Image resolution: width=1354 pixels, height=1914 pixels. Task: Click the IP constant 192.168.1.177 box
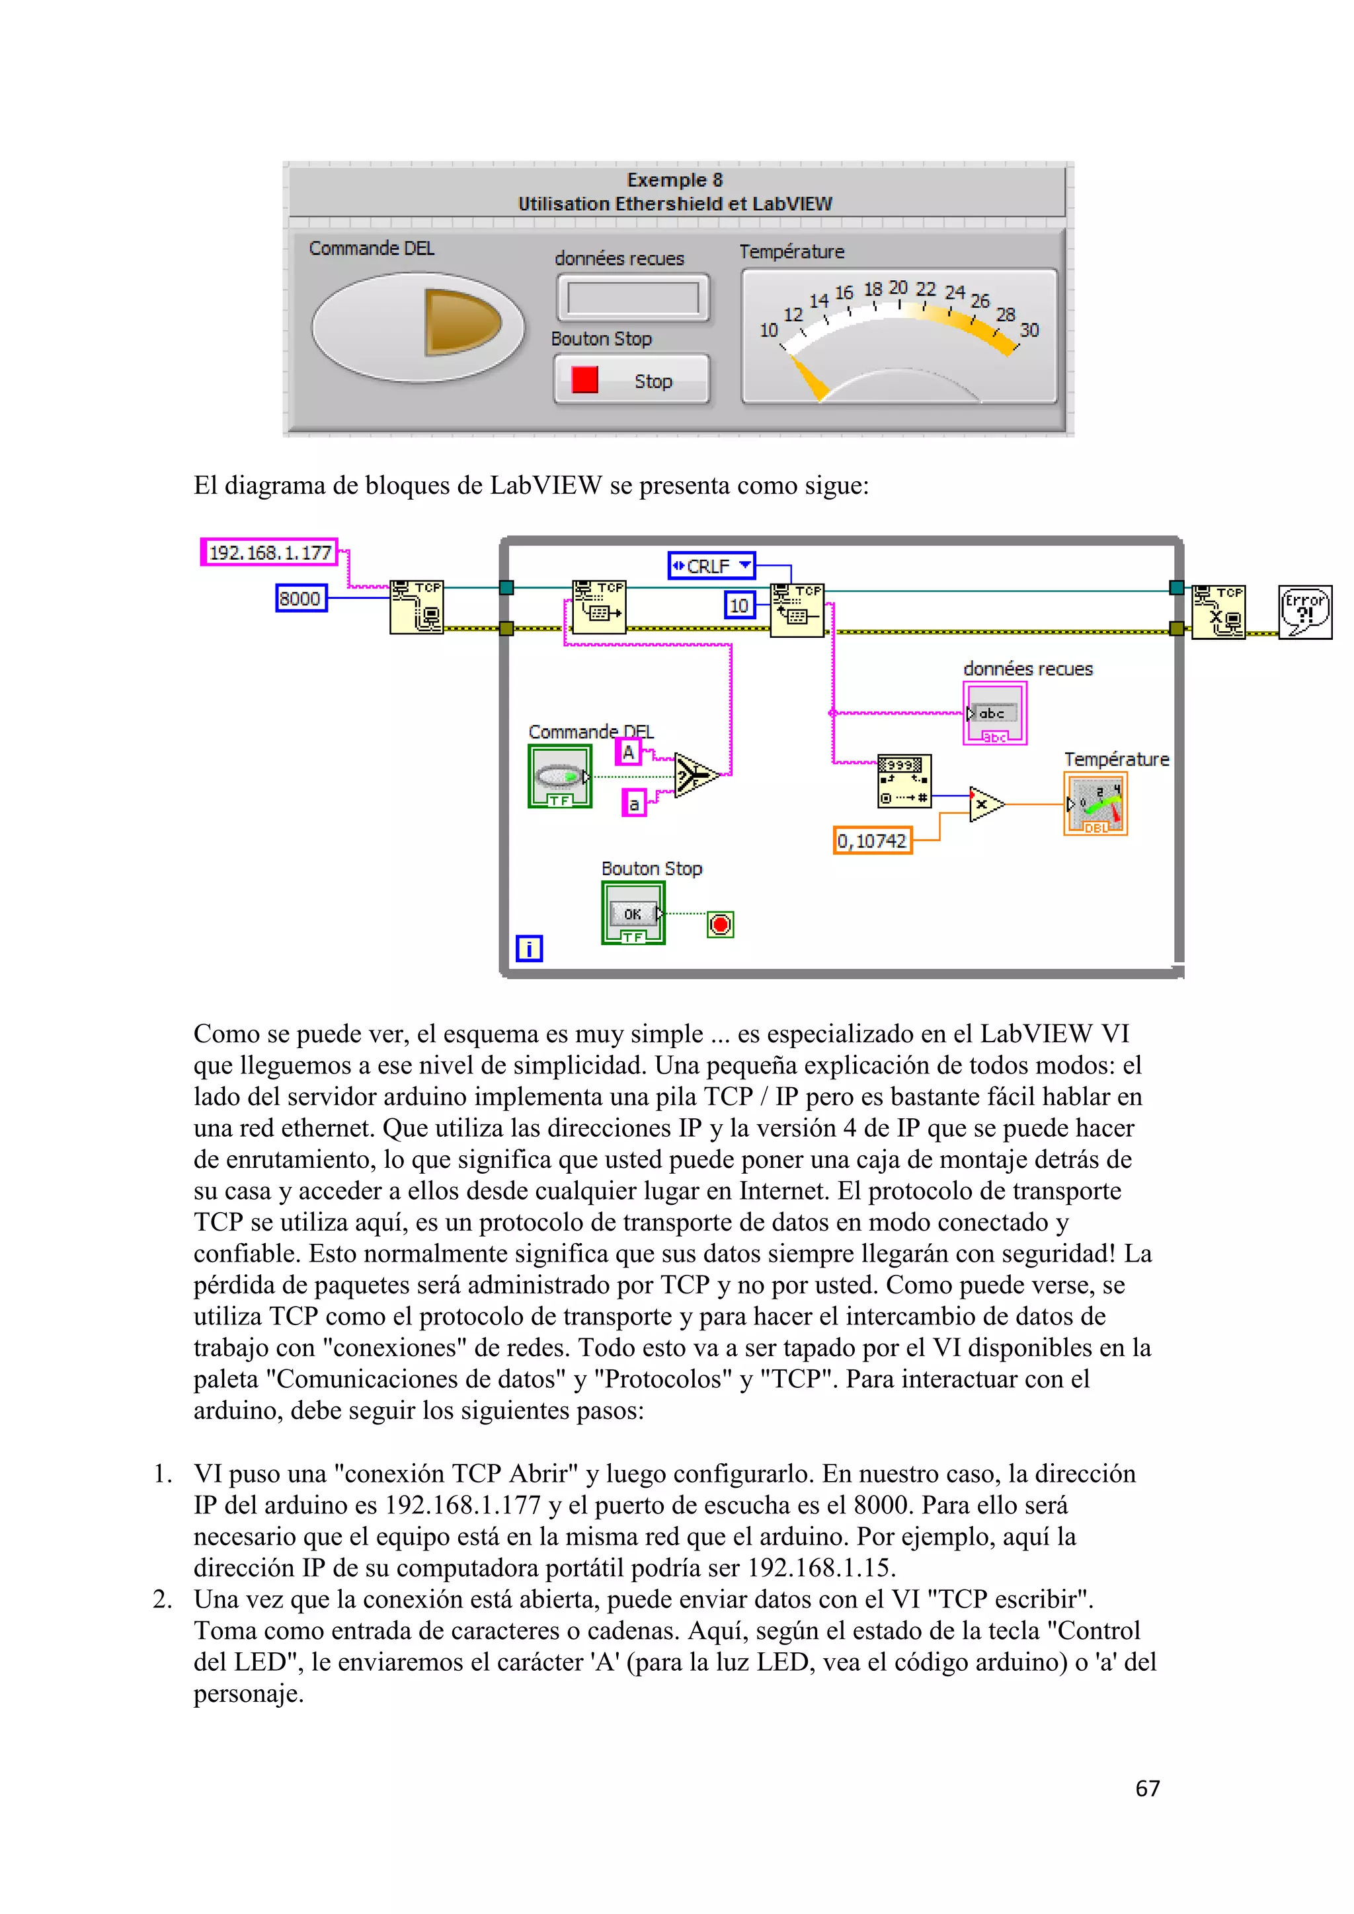(x=269, y=552)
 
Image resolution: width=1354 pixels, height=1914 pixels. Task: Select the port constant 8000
(x=300, y=599)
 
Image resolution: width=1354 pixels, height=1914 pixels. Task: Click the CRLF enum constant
(x=711, y=566)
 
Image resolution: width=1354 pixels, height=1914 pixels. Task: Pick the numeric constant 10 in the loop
(x=738, y=605)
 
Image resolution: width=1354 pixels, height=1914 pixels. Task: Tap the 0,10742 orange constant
(x=872, y=840)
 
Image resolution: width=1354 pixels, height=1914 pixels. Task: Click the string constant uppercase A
(x=629, y=752)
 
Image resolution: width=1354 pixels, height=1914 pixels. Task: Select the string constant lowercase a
(x=633, y=804)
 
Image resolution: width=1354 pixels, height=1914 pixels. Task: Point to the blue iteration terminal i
(x=529, y=948)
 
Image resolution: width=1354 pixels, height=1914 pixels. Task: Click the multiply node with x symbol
(x=984, y=804)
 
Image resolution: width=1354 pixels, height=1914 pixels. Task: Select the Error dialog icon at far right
(x=1305, y=612)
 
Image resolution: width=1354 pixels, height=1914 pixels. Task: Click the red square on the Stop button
(x=584, y=380)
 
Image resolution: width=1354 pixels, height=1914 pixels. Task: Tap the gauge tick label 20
(x=898, y=287)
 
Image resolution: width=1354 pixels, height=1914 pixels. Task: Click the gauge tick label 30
(x=1029, y=330)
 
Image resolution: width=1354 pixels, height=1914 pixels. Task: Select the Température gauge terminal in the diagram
(x=1095, y=804)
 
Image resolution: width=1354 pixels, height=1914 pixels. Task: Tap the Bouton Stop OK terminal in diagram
(x=633, y=913)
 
